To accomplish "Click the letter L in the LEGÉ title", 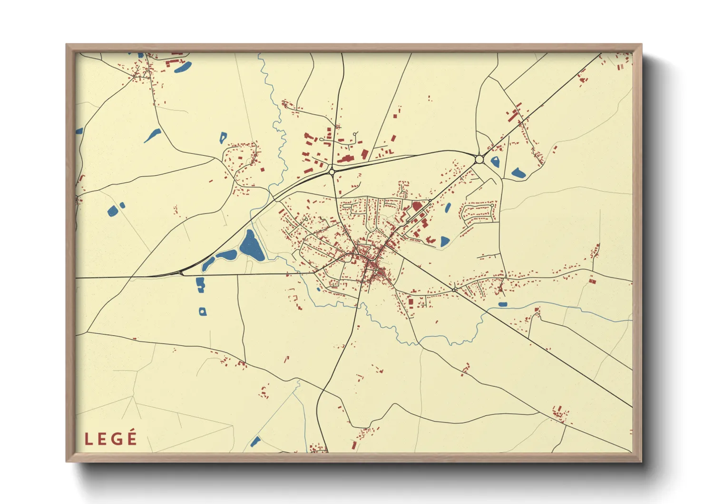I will [x=88, y=439].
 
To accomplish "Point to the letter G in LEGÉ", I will [x=117, y=439].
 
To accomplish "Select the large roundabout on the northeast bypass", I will [x=479, y=159].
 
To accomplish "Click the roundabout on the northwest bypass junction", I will [x=332, y=171].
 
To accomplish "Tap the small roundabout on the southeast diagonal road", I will [x=454, y=290].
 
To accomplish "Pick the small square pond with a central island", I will [x=203, y=312].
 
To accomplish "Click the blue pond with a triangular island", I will [x=495, y=161].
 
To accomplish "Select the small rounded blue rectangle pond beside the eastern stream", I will [x=503, y=304].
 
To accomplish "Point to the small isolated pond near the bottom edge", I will [x=255, y=442].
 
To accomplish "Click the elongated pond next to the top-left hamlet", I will [x=183, y=68].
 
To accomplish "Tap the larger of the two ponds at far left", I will [x=113, y=210].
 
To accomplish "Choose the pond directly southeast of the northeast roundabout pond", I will [x=518, y=173].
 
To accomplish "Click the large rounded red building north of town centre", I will [x=417, y=207].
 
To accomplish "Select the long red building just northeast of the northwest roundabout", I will [x=345, y=159].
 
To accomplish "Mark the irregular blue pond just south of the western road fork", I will [x=200, y=284].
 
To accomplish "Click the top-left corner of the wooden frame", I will [x=67, y=45].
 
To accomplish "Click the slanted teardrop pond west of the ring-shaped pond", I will [x=153, y=136].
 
